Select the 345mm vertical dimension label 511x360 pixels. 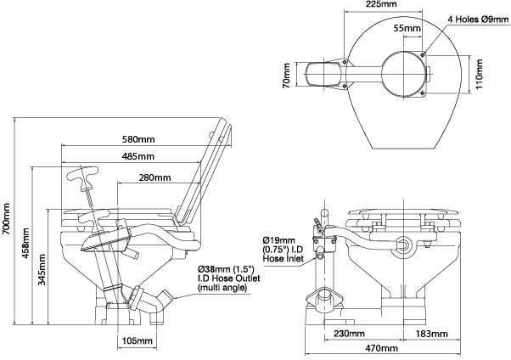(x=42, y=272)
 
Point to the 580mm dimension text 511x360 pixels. (x=138, y=139)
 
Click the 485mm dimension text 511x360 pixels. (x=138, y=157)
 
